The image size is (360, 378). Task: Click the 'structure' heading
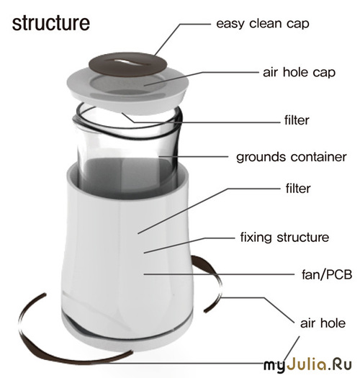pos(51,23)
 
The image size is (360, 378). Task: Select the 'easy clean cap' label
pos(263,24)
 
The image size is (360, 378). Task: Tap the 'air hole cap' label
pos(299,72)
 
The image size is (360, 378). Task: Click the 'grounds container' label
pos(292,157)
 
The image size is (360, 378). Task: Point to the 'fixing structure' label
pos(284,238)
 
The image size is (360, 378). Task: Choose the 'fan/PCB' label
pos(327,274)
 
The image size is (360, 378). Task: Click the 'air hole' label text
pos(323,323)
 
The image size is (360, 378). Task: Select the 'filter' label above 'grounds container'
pos(297,120)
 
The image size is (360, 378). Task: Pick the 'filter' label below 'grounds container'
pos(298,188)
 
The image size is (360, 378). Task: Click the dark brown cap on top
pos(127,65)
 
